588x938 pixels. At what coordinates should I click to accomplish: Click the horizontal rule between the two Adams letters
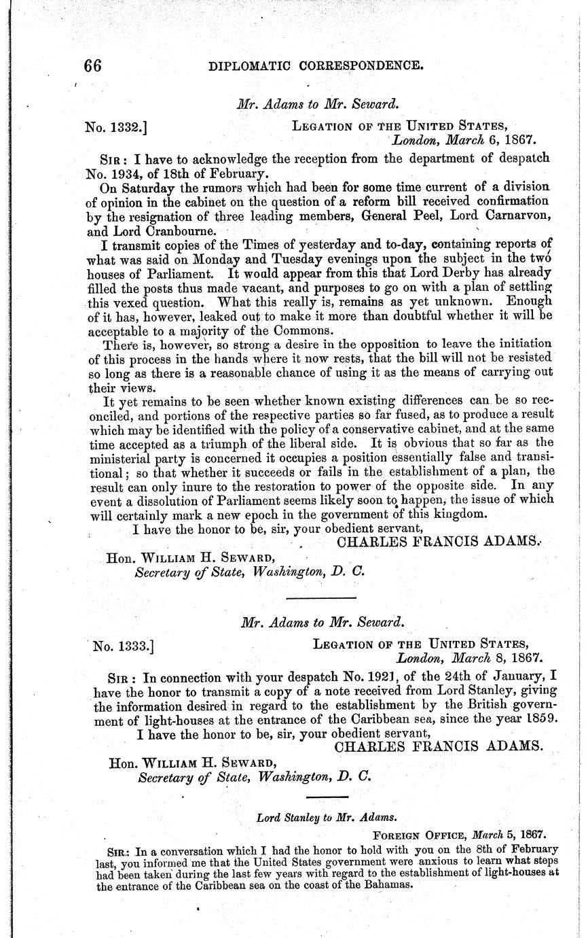(322, 597)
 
